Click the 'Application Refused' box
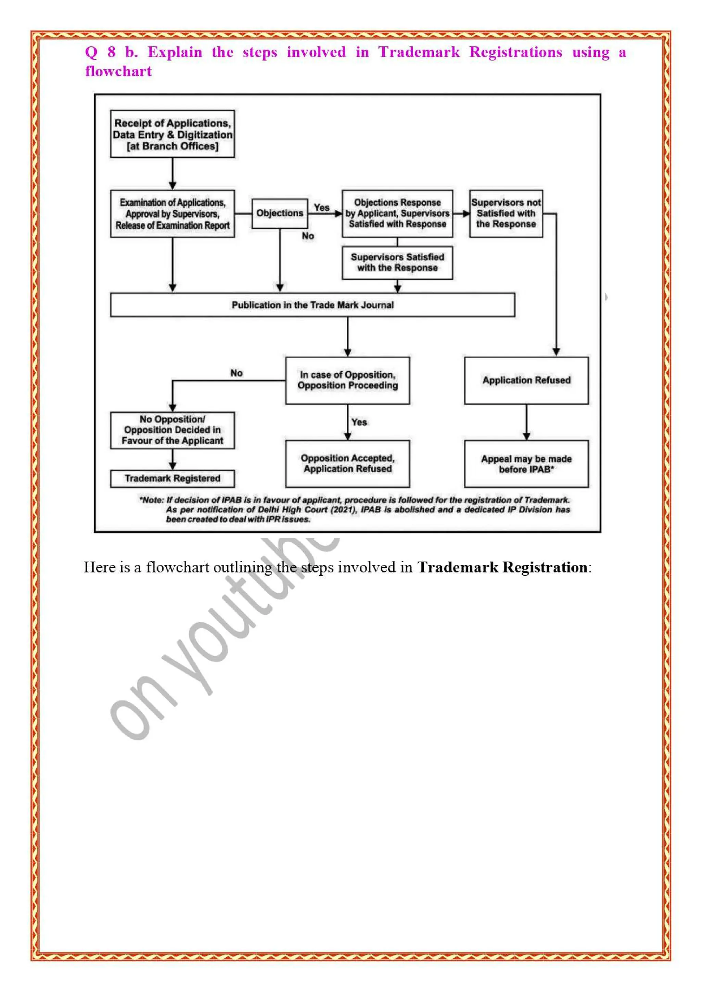pos(526,380)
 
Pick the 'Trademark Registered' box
pos(172,478)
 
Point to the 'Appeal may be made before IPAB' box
pos(526,464)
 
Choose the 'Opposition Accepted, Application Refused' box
pos(347,464)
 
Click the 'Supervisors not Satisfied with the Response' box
pos(506,213)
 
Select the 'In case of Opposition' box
pos(347,380)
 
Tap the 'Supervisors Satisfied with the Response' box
pos(397,262)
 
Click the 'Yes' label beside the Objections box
pos(322,208)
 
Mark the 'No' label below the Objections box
pos(307,236)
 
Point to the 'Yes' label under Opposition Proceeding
pos(359,422)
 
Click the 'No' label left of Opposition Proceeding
pos(236,373)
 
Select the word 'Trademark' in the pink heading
pos(419,52)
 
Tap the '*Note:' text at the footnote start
pos(152,500)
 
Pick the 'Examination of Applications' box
pos(172,214)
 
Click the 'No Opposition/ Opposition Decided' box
pos(172,430)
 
